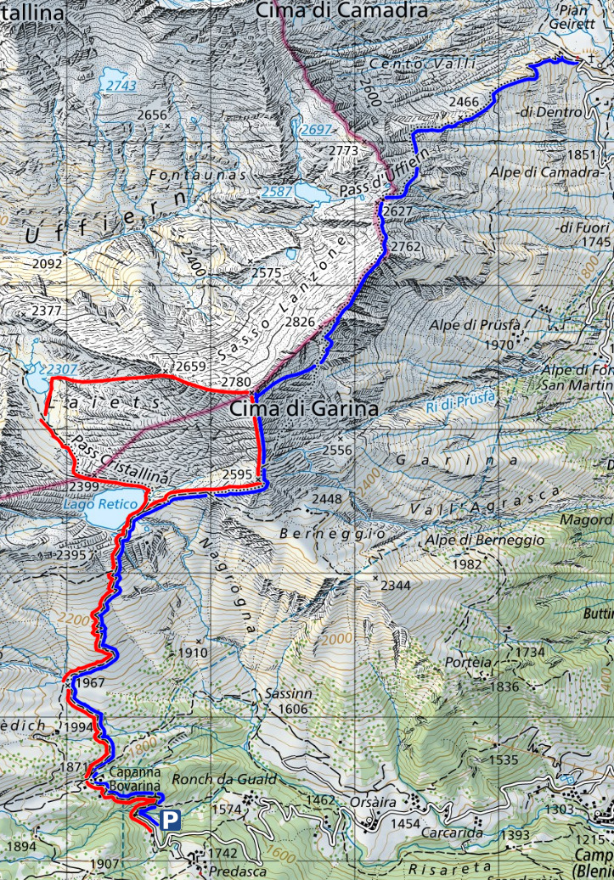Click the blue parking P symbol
pyautogui.click(x=171, y=820)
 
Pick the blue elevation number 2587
pyautogui.click(x=277, y=192)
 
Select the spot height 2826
pyautogui.click(x=300, y=322)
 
